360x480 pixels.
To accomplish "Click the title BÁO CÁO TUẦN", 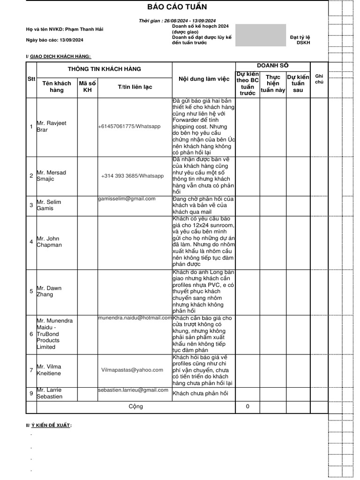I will click(177, 7).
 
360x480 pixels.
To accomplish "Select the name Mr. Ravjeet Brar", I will click(52, 126).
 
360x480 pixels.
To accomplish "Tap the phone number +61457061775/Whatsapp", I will click(129, 127).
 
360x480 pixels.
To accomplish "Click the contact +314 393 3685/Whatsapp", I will click(133, 176).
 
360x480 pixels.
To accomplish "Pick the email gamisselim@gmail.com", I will click(127, 199).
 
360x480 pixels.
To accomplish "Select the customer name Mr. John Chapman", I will click(49, 241).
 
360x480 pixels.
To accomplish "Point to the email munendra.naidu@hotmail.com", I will click(135, 318).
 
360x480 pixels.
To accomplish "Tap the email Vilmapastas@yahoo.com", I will click(132, 370).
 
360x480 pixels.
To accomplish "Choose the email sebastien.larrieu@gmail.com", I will click(133, 390).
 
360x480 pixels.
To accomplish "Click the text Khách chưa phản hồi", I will click(200, 393).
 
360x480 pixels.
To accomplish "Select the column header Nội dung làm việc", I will click(204, 79).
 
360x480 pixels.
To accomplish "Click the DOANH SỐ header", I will click(272, 66).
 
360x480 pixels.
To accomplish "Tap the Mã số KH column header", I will click(87, 87).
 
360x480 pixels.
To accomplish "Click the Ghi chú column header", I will click(319, 78).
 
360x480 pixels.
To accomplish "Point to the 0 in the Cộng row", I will click(247, 406).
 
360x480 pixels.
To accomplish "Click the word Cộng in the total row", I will click(135, 406).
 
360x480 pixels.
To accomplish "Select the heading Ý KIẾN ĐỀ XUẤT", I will click(52, 425).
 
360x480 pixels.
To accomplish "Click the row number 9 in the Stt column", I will click(31, 393).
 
